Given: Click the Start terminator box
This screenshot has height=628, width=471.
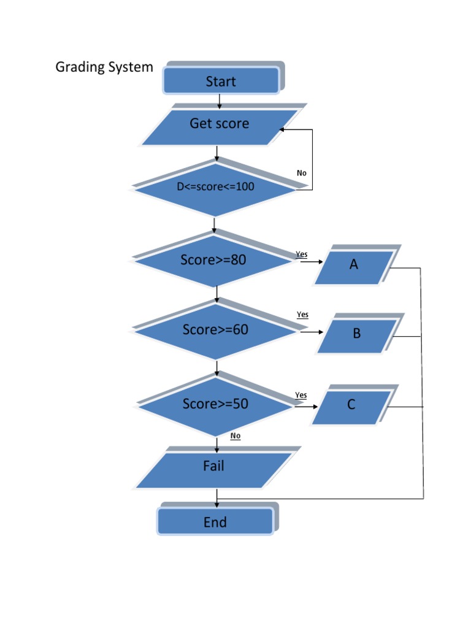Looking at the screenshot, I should tap(221, 81).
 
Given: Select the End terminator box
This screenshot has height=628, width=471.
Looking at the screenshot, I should tap(215, 522).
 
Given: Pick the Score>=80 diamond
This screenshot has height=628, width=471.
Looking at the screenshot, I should tap(213, 260).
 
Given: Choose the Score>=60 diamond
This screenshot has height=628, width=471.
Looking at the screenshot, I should tap(215, 330).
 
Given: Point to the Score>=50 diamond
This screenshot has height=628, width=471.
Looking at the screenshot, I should tap(215, 404).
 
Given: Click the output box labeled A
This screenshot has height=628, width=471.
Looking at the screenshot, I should tap(354, 266).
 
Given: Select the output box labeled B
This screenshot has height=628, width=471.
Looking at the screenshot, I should tap(357, 335).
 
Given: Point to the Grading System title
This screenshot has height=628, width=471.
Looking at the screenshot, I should tap(104, 67).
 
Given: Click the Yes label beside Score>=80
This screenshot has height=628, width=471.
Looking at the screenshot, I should tap(302, 254).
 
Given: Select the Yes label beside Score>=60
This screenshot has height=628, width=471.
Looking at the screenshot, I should tap(302, 315).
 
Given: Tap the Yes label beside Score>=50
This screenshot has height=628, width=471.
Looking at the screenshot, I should tap(301, 395).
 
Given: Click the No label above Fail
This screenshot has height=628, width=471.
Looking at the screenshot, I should tap(235, 436).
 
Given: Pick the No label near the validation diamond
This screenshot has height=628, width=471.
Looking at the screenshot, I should tap(301, 173).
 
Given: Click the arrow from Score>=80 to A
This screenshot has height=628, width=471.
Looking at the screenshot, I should tap(312, 262).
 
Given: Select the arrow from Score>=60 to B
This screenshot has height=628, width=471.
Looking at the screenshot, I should tap(313, 332).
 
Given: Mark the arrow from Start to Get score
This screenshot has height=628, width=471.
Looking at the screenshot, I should tap(220, 102).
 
